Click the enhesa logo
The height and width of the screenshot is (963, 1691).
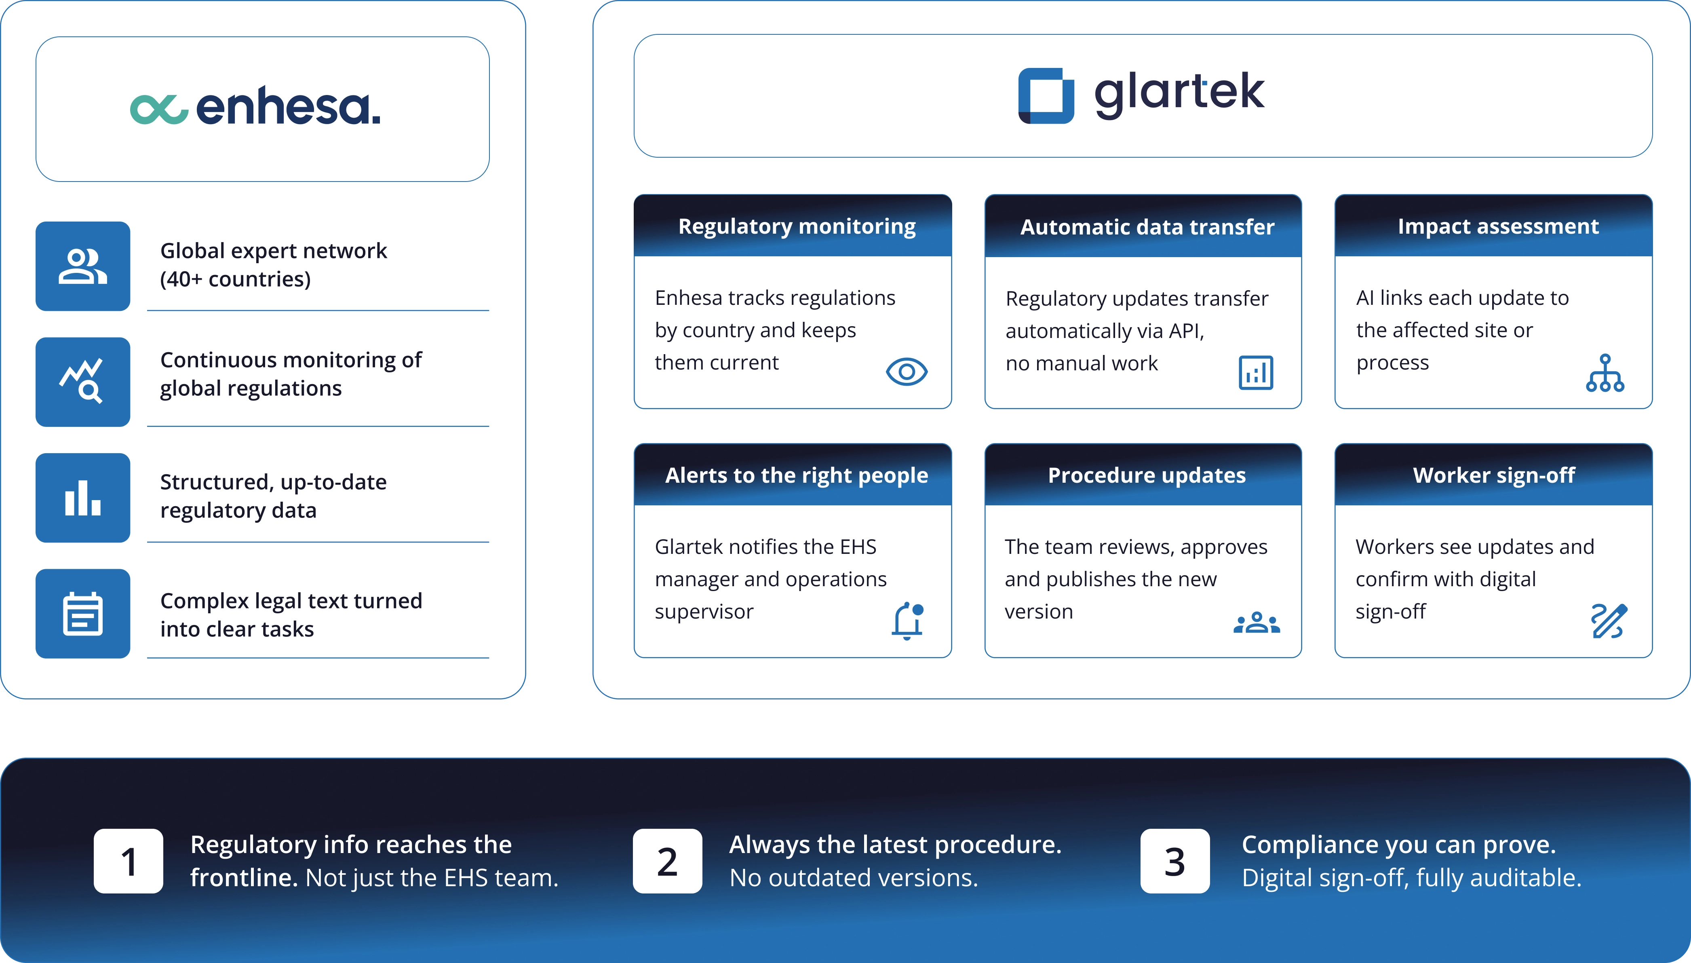[x=255, y=107]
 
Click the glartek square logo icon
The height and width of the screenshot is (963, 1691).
[x=1046, y=96]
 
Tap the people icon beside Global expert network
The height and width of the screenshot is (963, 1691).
[x=82, y=266]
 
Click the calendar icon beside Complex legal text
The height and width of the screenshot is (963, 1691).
[x=82, y=614]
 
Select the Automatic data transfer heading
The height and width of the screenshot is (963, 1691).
[x=1147, y=227]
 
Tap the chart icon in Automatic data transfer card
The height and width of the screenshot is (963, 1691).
[x=1256, y=372]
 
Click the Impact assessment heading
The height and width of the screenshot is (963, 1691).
[x=1498, y=226]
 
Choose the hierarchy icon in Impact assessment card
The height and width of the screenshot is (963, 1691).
[x=1605, y=373]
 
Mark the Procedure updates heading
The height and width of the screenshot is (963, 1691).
[x=1147, y=475]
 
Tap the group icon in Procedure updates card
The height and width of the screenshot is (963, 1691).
[x=1257, y=623]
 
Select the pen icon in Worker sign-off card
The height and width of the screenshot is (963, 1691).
[x=1609, y=621]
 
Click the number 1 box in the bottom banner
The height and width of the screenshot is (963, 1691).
[x=128, y=861]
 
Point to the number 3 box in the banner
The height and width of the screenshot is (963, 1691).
[x=1175, y=861]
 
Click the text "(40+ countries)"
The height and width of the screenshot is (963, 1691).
[x=235, y=279]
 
